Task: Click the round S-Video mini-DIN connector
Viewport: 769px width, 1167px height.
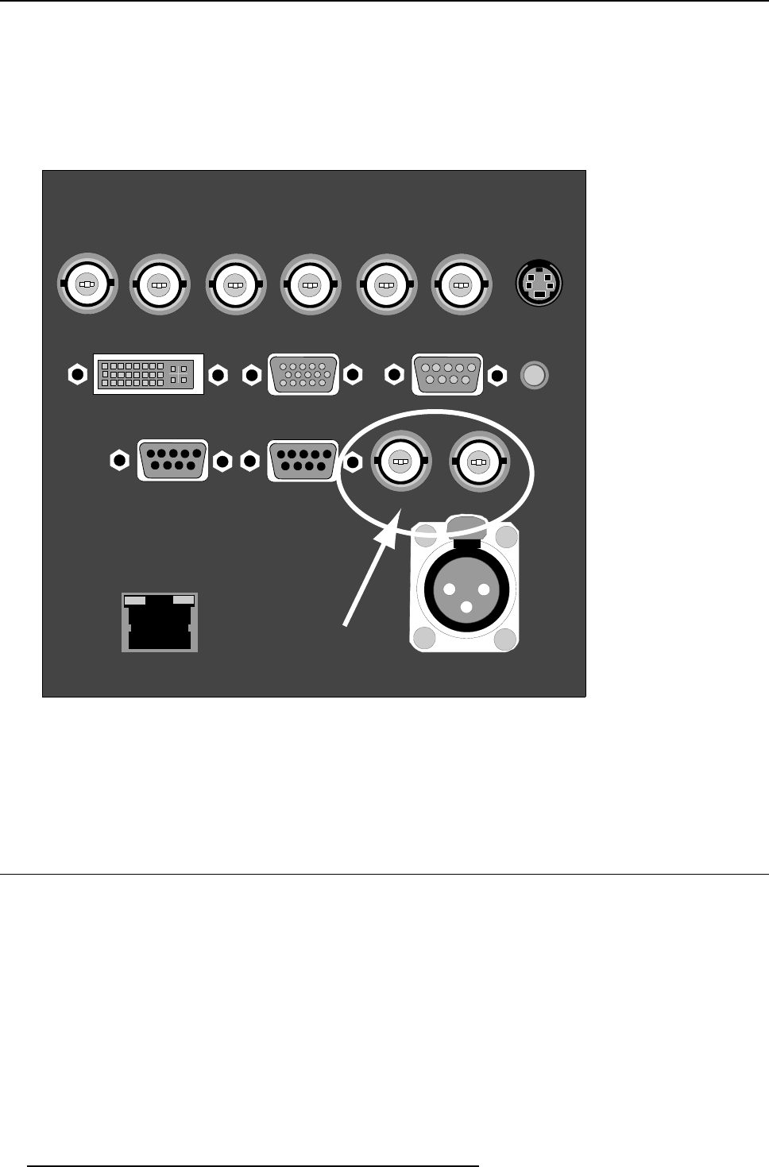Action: [x=539, y=284]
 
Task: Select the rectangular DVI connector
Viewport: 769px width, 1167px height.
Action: [x=149, y=374]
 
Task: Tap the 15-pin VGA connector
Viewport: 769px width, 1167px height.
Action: [x=304, y=374]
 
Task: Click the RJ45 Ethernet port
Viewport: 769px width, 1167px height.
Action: [x=160, y=622]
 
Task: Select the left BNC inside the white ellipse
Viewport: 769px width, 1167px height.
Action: [x=401, y=462]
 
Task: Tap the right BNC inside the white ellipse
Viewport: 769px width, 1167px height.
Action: [x=478, y=462]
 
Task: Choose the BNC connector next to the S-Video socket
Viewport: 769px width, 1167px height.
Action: [x=461, y=284]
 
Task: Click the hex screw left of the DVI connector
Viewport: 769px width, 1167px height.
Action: [x=77, y=374]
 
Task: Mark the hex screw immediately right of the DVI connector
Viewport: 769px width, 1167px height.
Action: [x=217, y=374]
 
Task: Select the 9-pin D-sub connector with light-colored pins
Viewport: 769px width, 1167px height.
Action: [x=447, y=374]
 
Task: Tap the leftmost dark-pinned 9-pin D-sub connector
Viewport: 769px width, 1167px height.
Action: [x=173, y=460]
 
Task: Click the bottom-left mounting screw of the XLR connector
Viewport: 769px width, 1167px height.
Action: [x=425, y=638]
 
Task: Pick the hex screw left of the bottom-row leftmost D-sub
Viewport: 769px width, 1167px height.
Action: [x=119, y=460]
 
